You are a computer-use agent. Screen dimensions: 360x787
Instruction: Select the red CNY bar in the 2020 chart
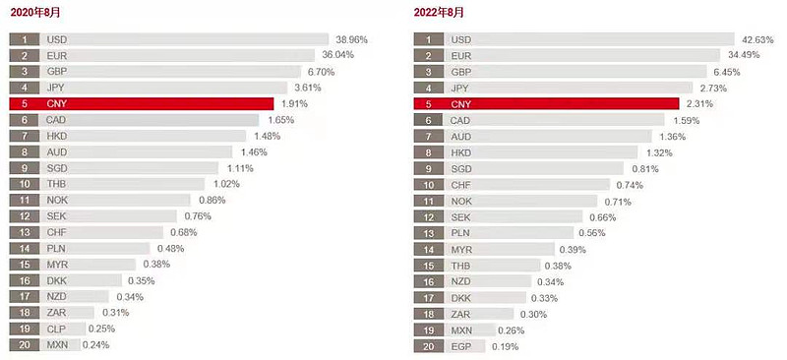coord(157,103)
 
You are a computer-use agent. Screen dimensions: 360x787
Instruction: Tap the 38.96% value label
coord(351,39)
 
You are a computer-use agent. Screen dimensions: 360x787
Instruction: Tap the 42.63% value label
coord(757,39)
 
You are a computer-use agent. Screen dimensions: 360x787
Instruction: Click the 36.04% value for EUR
coord(337,56)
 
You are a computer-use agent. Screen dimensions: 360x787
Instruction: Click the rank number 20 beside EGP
coord(427,345)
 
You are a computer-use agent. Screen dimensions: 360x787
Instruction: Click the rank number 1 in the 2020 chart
coord(24,39)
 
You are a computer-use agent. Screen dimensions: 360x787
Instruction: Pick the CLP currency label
coord(56,329)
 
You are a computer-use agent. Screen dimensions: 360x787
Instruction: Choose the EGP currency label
coord(460,345)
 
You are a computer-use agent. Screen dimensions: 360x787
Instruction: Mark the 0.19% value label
coord(504,345)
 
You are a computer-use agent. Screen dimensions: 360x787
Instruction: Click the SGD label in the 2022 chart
coord(460,168)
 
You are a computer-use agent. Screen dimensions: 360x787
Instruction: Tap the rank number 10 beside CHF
coord(427,184)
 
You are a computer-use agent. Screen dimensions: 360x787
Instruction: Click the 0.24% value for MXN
coord(95,345)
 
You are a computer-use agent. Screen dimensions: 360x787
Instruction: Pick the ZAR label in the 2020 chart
coord(56,313)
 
